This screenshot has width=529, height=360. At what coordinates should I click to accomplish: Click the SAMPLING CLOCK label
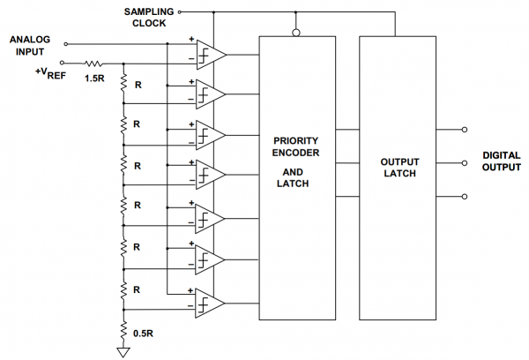click(149, 18)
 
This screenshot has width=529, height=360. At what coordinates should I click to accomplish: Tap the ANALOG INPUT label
click(30, 46)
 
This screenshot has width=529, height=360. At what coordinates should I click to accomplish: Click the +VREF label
click(50, 73)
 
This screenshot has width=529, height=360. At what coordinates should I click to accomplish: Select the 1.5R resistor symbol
click(93, 64)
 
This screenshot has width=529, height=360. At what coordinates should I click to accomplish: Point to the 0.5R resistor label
click(143, 334)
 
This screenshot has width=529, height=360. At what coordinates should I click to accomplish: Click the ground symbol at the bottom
click(123, 352)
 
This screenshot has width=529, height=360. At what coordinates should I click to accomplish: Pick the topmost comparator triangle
click(212, 55)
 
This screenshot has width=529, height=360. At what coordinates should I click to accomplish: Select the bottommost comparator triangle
click(210, 304)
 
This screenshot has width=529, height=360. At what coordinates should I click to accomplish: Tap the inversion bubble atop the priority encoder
click(296, 33)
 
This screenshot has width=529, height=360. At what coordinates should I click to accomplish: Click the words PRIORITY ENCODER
click(295, 146)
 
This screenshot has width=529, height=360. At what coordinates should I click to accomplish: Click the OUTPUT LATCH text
click(399, 168)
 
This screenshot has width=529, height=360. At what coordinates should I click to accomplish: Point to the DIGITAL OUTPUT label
click(502, 161)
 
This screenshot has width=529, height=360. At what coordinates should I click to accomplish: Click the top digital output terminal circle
click(465, 130)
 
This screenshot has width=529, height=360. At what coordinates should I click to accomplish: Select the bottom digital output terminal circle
click(465, 197)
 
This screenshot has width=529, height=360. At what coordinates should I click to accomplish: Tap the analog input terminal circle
click(66, 44)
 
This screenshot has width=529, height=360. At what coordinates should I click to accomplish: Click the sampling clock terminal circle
click(180, 12)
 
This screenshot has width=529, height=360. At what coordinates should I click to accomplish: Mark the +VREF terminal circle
click(62, 63)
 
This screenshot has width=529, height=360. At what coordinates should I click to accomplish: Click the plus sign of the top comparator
click(191, 39)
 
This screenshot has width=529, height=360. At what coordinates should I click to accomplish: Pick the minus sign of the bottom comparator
click(190, 306)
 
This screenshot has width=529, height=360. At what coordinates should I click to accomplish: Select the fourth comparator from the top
click(211, 175)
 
